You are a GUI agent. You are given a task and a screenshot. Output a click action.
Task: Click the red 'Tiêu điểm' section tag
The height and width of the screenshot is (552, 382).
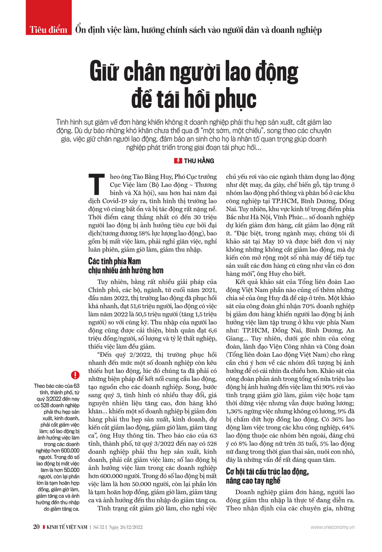[x=49, y=30]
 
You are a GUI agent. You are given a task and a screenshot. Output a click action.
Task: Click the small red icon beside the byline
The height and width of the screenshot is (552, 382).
[x=178, y=161]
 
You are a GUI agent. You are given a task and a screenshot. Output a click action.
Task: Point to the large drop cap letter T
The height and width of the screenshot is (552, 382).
[x=96, y=185]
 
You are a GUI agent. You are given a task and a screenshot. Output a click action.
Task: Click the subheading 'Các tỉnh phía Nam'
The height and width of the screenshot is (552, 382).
[x=115, y=261]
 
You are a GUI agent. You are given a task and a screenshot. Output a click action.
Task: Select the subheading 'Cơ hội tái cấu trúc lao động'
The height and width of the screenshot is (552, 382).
[x=267, y=472]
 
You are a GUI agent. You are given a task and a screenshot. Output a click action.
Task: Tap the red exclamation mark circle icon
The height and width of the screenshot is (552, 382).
[x=75, y=375]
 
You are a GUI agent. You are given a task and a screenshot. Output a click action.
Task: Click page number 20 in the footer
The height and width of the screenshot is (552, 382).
[x=36, y=527]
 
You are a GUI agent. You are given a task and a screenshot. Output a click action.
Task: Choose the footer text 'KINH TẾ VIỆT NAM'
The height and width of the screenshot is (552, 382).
[x=67, y=527]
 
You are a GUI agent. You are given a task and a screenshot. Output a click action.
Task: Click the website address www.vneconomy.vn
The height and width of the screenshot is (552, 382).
[x=332, y=527]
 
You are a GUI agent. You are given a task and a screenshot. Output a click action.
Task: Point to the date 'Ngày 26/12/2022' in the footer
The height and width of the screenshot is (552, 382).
[x=126, y=527]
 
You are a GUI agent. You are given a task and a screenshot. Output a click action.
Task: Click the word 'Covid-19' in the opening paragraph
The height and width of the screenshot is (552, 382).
[x=114, y=201]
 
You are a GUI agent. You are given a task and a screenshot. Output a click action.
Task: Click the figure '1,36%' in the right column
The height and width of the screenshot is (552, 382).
[x=235, y=411]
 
